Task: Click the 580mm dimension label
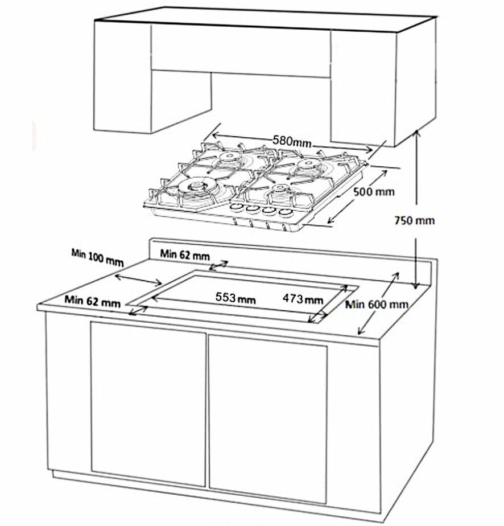292,141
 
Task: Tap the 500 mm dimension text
374,192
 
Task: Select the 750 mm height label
414,221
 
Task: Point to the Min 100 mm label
97,258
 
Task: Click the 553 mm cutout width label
236,298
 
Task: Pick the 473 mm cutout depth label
303,298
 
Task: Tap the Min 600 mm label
377,304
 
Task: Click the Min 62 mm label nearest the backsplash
185,255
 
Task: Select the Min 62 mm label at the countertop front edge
92,301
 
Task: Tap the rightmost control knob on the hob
285,213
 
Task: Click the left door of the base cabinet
148,404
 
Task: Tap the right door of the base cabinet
268,420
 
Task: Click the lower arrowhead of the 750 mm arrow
416,285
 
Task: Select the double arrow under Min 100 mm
138,280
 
